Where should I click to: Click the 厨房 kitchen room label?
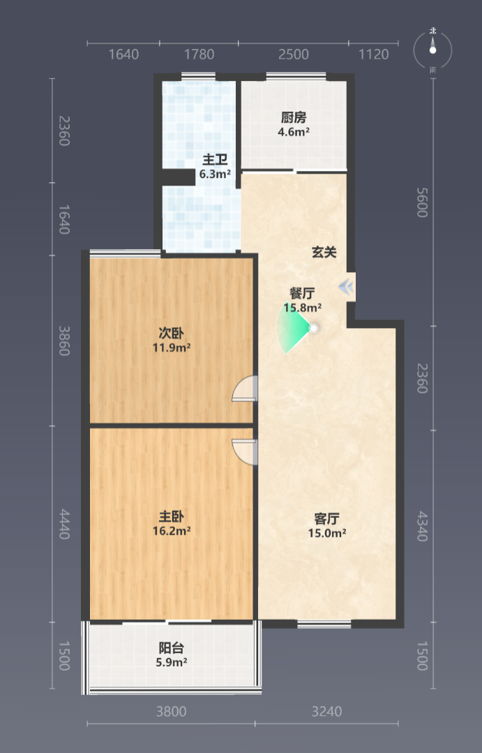click(x=294, y=117)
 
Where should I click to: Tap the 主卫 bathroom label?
click(x=215, y=159)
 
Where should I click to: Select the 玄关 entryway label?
click(x=324, y=252)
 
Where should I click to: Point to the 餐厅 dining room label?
click(x=302, y=293)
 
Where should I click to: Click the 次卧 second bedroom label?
click(x=171, y=333)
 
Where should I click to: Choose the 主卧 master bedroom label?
click(x=172, y=516)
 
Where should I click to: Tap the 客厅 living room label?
click(x=327, y=519)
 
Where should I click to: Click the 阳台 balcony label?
click(x=172, y=648)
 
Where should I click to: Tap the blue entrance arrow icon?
click(x=346, y=288)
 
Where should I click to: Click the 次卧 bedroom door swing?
click(x=245, y=388)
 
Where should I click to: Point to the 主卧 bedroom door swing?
click(x=245, y=452)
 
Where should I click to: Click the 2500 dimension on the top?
click(x=294, y=54)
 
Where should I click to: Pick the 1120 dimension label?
click(x=373, y=54)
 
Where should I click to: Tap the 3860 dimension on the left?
click(x=64, y=341)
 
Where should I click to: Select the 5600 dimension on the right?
click(x=422, y=202)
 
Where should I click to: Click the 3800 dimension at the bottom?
click(x=172, y=711)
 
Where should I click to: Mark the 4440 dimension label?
click(x=64, y=524)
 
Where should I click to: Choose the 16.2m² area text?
click(x=172, y=531)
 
